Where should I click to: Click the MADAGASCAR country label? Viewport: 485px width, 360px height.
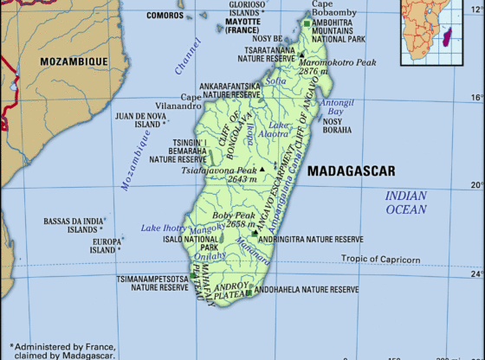[x=351, y=170]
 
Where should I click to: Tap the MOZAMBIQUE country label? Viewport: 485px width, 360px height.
[x=74, y=61]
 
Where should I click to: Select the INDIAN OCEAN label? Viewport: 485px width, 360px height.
[x=406, y=202]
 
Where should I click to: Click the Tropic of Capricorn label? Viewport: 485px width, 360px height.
[x=380, y=259]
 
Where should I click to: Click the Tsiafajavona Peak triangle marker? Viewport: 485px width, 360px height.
[x=262, y=168]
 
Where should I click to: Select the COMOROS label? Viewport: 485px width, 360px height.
[x=165, y=15]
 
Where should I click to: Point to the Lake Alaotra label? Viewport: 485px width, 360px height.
[x=277, y=129]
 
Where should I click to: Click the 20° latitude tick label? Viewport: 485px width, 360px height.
[x=475, y=184]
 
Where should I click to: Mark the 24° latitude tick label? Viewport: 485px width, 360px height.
[x=475, y=274]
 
